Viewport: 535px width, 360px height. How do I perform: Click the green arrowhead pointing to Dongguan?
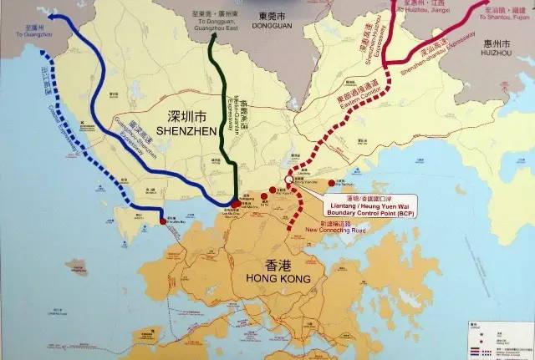pyautogui.click(x=213, y=41)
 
